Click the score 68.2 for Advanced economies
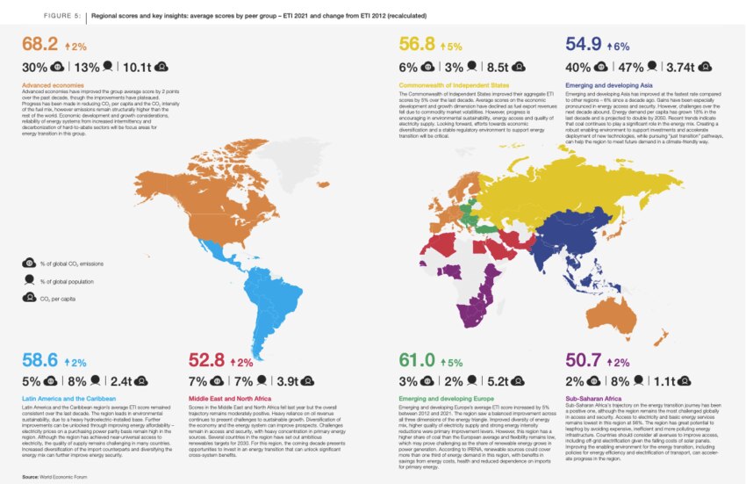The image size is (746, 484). [x=39, y=45]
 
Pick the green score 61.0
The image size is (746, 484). [x=419, y=360]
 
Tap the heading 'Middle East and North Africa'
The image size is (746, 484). [x=231, y=397]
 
